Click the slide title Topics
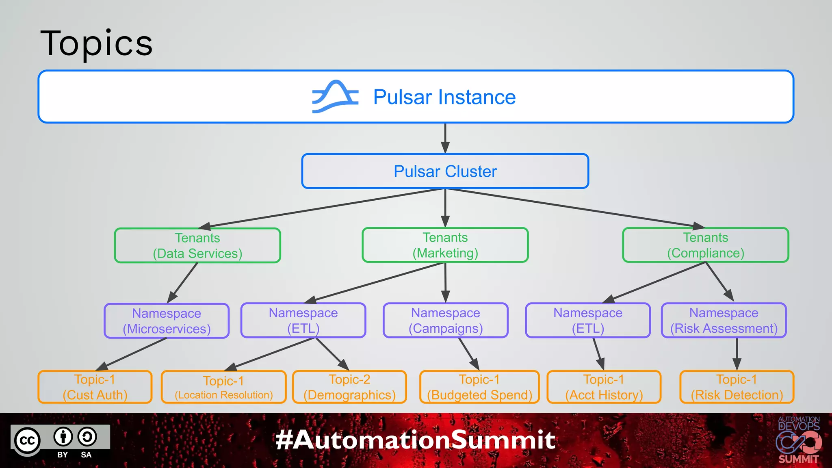[97, 43]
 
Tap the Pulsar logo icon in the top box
[335, 96]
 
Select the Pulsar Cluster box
[445, 171]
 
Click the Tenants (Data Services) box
[197, 245]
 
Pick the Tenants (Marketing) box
[445, 245]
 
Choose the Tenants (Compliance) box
[705, 245]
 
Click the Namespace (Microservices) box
[167, 321]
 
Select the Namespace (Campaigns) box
[445, 320]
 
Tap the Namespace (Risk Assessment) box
[724, 320]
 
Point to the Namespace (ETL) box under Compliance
[587, 320]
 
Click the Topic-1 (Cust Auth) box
[95, 387]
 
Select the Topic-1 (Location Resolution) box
[223, 387]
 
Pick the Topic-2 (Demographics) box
[349, 387]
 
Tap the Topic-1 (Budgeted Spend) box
[479, 387]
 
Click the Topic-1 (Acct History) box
[604, 387]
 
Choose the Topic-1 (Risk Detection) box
[737, 387]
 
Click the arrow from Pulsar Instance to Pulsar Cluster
[445, 138]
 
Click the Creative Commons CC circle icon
[28, 441]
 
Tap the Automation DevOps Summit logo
[798, 441]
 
